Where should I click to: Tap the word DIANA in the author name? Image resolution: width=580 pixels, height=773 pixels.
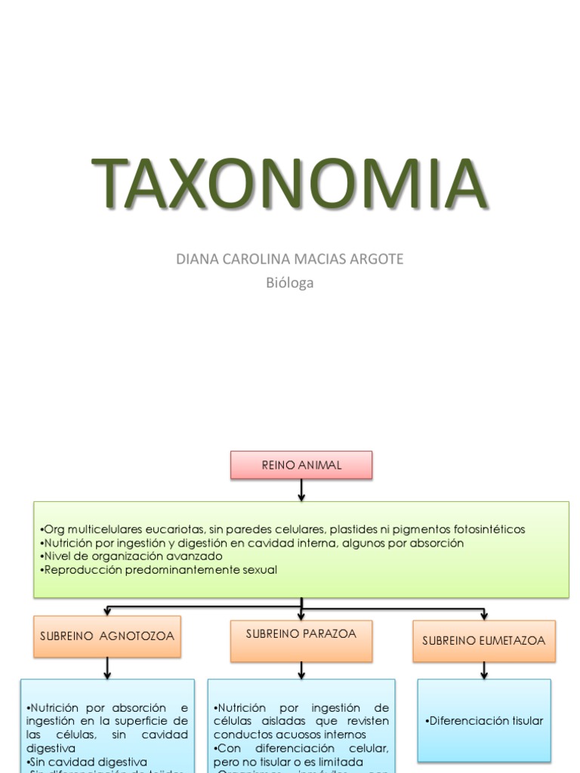tap(193, 259)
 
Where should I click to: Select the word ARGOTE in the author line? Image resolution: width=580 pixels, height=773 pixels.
tap(376, 259)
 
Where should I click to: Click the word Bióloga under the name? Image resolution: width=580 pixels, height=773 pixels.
tap(290, 283)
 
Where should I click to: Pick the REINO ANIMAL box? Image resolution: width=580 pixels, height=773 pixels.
tap(301, 465)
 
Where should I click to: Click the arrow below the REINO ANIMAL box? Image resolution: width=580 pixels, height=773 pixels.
tap(301, 490)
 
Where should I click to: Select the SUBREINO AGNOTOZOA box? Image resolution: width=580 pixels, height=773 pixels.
tap(107, 636)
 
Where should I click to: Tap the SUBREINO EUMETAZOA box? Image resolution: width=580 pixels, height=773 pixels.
tap(483, 640)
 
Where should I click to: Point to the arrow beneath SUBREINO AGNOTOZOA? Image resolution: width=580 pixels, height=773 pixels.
tap(108, 667)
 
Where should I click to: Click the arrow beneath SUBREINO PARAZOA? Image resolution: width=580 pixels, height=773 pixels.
tap(301, 670)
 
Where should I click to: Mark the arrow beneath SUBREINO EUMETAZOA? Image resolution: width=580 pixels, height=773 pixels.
tap(483, 669)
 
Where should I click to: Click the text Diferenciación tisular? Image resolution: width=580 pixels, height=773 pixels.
tap(484, 721)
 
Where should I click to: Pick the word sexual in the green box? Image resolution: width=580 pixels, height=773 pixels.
tap(259, 570)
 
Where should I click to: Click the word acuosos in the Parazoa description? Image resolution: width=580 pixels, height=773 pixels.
tap(287, 734)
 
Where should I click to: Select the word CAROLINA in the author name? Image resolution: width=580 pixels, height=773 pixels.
tap(251, 259)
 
